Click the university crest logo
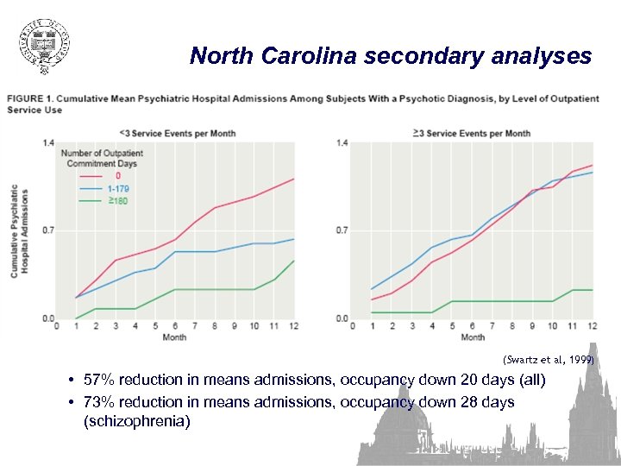(44, 44)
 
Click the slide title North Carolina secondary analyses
(391, 57)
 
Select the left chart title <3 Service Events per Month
(178, 133)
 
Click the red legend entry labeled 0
(117, 176)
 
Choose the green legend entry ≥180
(118, 198)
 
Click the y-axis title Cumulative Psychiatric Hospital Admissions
(20, 230)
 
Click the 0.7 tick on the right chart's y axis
(342, 230)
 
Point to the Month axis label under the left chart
(174, 337)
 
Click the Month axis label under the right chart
(473, 337)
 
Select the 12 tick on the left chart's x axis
(294, 326)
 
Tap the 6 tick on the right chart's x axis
(472, 326)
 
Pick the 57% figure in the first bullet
(100, 380)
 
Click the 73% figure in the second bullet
(100, 402)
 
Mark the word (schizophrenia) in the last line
(137, 422)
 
